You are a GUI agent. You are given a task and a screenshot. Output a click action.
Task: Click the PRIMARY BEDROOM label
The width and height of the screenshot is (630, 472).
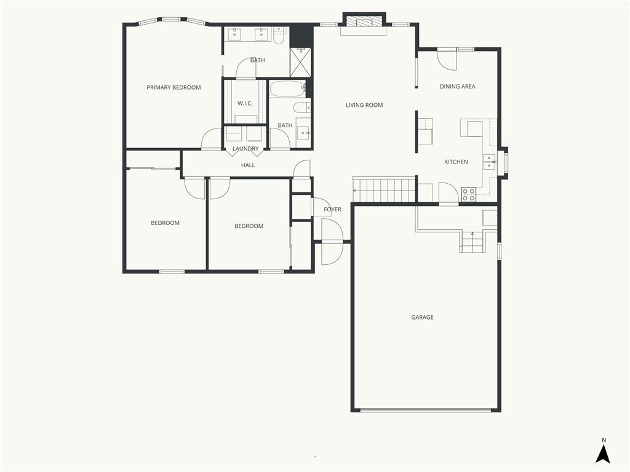click(x=173, y=87)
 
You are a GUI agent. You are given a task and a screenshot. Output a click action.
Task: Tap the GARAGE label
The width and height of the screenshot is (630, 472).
click(x=422, y=318)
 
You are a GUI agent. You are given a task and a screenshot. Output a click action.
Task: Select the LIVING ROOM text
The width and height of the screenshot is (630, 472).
click(x=364, y=105)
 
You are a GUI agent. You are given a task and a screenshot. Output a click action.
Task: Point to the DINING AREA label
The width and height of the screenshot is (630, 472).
click(x=458, y=86)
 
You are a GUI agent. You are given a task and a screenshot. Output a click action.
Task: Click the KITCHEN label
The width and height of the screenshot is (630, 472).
click(x=456, y=162)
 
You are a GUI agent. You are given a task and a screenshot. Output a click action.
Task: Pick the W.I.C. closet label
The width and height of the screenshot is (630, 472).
click(x=245, y=103)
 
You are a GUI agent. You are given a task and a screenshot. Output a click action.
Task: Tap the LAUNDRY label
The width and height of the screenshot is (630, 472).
click(x=245, y=149)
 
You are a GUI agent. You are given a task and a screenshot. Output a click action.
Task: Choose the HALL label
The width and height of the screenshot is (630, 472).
click(x=248, y=165)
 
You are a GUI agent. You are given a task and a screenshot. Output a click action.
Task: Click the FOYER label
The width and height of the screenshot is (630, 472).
click(x=333, y=210)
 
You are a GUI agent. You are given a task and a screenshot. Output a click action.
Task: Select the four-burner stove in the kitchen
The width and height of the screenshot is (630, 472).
click(x=468, y=195)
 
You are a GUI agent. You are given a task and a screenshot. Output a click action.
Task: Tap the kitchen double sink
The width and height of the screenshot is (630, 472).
click(x=489, y=162)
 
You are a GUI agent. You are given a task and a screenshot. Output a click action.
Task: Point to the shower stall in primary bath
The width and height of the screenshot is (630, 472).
click(x=300, y=62)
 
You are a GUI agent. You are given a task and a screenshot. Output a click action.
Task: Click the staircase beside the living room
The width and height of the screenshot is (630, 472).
click(x=384, y=191)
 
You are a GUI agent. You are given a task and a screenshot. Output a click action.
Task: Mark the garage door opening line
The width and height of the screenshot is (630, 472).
click(x=426, y=410)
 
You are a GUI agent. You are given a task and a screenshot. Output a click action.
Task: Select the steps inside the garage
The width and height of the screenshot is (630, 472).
click(x=472, y=242)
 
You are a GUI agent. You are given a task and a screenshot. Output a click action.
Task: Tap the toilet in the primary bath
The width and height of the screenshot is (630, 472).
click(x=279, y=36)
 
